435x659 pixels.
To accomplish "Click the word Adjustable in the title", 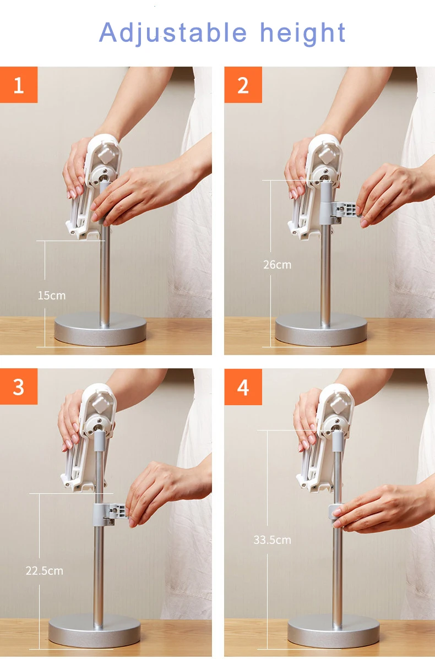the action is [x=173, y=33].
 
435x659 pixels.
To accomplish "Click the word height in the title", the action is [x=303, y=33].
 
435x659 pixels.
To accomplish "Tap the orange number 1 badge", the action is [x=19, y=84].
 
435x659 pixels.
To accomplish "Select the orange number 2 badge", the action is [x=243, y=84].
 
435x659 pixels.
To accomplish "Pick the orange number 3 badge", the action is [x=19, y=386].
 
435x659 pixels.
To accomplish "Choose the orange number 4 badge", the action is [x=243, y=386].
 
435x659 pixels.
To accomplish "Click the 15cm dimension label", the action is [x=52, y=296].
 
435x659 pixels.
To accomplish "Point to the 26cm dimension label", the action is [x=277, y=265].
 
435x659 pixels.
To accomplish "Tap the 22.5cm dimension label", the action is [x=44, y=571].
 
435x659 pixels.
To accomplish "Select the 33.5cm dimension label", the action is [x=272, y=540].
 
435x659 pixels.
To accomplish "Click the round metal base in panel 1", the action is [x=100, y=329].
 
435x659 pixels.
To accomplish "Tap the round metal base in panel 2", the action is [x=321, y=329].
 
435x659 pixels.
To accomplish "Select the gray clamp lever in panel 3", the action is [x=110, y=514].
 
